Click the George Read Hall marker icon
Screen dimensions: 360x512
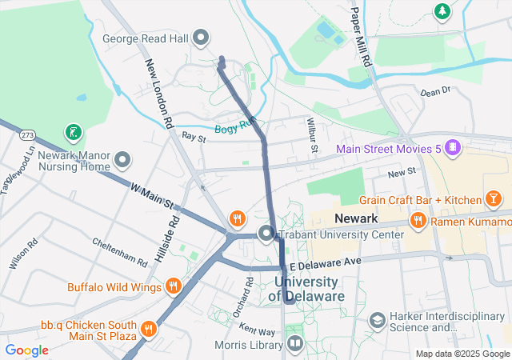[x=202, y=37]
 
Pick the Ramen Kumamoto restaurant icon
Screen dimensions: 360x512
[x=417, y=220]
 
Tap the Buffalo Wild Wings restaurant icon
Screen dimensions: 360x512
[x=174, y=286]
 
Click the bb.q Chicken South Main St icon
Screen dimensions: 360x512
[x=148, y=330]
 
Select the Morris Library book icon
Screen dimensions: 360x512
[x=295, y=345]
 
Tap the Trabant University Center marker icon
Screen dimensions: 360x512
[x=266, y=234]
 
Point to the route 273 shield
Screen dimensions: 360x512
[x=28, y=134]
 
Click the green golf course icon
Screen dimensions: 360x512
[x=74, y=131]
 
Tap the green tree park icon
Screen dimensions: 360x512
[x=441, y=10]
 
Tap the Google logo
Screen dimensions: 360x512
[x=27, y=350]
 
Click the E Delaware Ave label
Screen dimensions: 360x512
[x=326, y=262]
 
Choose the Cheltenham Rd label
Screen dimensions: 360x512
[x=119, y=251]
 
